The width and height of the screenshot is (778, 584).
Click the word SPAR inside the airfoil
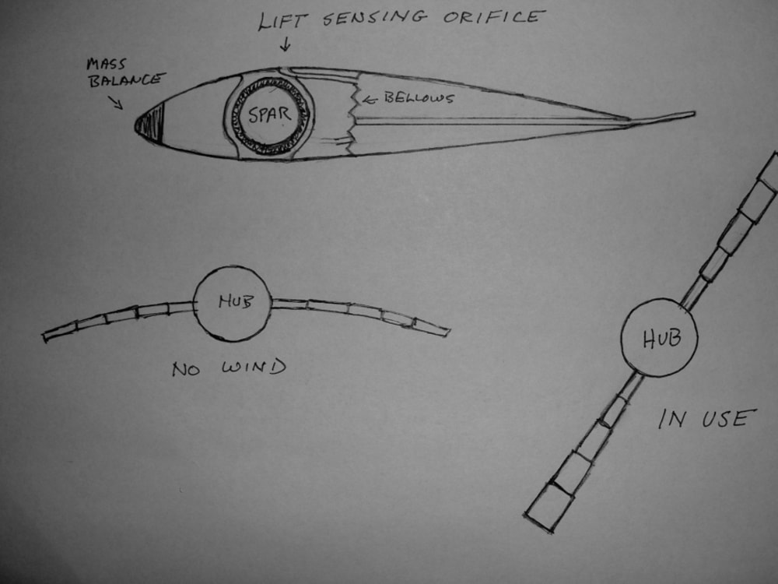pyautogui.click(x=270, y=114)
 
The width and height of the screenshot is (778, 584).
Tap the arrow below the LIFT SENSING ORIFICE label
pyautogui.click(x=285, y=45)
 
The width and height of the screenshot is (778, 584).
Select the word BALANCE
pyautogui.click(x=127, y=80)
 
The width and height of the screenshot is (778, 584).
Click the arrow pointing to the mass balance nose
pyautogui.click(x=116, y=102)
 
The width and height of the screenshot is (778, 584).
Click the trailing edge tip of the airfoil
pyautogui.click(x=691, y=115)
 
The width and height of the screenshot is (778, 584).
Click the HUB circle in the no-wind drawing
pyautogui.click(x=233, y=304)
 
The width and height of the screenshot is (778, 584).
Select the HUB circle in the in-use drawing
pyautogui.click(x=659, y=338)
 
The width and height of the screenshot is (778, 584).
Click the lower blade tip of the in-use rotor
pyautogui.click(x=540, y=517)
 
